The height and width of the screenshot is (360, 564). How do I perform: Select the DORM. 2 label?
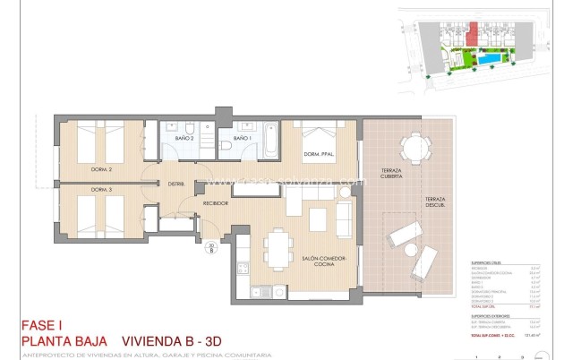point(100,169)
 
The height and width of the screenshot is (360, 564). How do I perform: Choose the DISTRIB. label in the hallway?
point(175,184)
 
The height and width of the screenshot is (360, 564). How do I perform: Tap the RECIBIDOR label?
point(215,203)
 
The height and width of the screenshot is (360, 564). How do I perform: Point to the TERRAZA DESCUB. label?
point(437,201)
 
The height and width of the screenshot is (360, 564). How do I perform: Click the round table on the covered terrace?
point(414,145)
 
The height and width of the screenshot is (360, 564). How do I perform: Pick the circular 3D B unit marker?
point(211,247)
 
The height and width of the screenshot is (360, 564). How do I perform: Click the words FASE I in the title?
point(42,326)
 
